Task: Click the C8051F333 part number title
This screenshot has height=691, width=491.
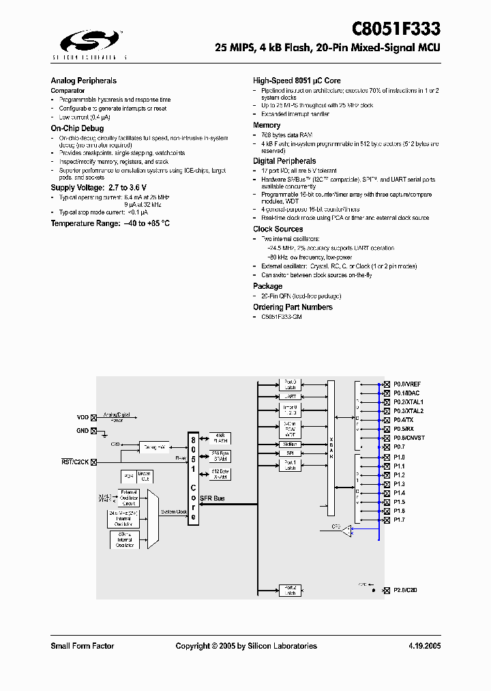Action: pos(396,29)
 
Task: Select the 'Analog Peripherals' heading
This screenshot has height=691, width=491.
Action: pos(83,81)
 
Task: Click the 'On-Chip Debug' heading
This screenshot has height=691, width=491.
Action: pos(77,128)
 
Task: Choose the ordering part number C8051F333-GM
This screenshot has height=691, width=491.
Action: pos(281,317)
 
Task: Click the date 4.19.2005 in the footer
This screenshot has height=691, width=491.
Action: pos(424,646)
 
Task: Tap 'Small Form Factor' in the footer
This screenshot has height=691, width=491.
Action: pos(82,646)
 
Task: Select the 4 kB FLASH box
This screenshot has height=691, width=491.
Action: pos(220,437)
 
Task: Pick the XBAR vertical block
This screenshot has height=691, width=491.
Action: pos(331,444)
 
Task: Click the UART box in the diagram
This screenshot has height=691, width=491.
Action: pos(290,396)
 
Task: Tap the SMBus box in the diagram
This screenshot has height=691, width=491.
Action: pos(290,444)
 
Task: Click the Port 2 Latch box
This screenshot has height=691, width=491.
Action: pos(290,590)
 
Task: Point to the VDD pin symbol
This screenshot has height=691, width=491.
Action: pos(94,417)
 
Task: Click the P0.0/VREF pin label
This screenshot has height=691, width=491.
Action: pos(406,384)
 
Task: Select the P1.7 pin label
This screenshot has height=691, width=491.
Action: pos(399,520)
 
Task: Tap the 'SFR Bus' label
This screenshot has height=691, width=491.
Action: pos(214,498)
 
